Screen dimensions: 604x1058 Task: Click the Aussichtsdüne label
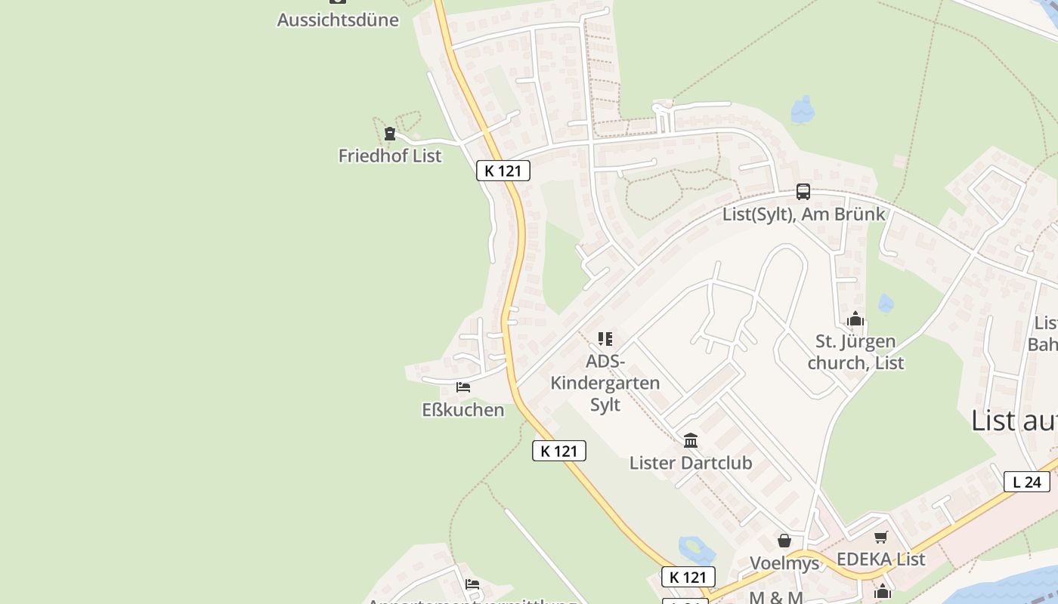pos(338,20)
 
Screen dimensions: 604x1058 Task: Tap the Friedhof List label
pos(390,156)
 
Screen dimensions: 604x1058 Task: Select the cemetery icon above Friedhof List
pos(390,134)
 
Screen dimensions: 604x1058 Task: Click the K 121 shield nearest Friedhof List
pos(503,171)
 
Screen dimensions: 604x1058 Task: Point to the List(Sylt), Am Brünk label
pos(803,214)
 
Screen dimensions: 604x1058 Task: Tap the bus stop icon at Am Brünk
pos(803,192)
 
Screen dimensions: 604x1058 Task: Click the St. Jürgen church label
pos(855,353)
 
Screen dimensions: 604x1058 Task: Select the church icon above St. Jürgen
pos(855,319)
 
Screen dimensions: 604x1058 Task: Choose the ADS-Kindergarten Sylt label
pos(605,383)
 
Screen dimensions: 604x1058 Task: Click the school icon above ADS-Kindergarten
pos(605,338)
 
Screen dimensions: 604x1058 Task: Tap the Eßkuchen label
pos(462,410)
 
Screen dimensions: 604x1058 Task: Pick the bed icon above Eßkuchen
pos(463,387)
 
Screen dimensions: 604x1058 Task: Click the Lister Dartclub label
pos(691,463)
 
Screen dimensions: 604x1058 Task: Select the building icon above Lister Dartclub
pos(691,440)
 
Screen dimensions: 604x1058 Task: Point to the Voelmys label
pos(784,563)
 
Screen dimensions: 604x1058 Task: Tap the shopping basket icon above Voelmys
pos(784,541)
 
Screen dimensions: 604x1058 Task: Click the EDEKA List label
pos(881,559)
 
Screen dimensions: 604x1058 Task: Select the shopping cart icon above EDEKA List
pos(881,537)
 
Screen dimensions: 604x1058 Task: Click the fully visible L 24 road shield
pos(1026,482)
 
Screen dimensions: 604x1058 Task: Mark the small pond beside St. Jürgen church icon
pos(886,304)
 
